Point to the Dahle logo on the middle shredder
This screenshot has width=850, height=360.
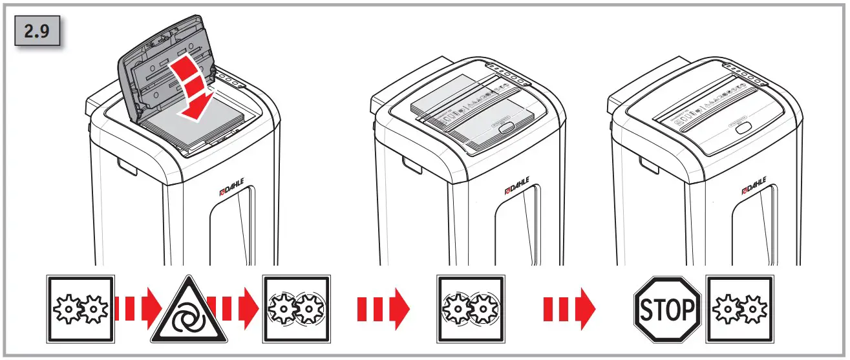517,191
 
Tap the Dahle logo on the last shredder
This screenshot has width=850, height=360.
755,186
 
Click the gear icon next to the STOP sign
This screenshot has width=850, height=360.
739,310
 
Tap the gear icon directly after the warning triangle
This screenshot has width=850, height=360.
297,310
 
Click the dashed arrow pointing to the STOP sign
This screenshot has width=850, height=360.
568,310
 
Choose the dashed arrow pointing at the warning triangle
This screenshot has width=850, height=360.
133,310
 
